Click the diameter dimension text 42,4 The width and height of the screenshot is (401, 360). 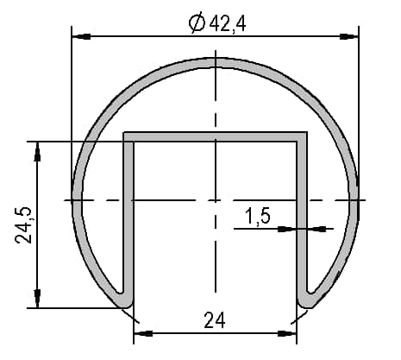tap(228, 23)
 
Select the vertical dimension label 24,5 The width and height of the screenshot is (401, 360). tap(23, 225)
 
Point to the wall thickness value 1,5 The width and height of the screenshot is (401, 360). tap(258, 216)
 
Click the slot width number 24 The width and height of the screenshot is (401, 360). tap(215, 320)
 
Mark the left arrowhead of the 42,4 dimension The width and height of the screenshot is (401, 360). tap(81, 36)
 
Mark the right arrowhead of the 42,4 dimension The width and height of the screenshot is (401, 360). tap(349, 36)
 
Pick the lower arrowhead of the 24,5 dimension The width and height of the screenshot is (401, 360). tap(37, 299)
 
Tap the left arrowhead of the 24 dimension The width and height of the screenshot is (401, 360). tap(143, 333)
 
